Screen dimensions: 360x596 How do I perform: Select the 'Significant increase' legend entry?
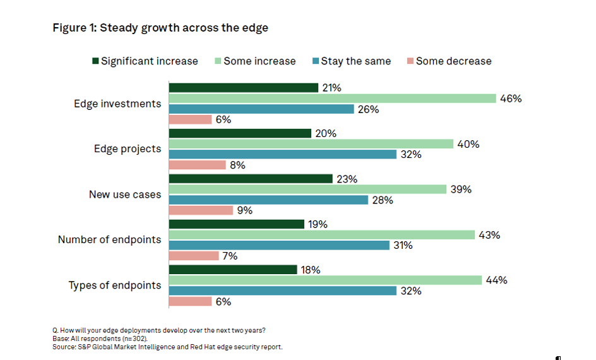click(x=145, y=61)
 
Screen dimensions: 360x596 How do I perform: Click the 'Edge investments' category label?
click(x=117, y=104)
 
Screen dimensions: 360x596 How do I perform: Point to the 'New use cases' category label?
click(x=125, y=195)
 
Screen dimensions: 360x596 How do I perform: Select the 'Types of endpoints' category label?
click(x=115, y=285)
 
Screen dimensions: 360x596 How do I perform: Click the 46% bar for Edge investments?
click(x=332, y=99)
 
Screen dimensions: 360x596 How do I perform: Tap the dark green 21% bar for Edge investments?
click(x=243, y=88)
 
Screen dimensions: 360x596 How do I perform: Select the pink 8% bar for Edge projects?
click(x=197, y=165)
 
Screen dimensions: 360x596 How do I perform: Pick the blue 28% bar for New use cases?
click(x=268, y=200)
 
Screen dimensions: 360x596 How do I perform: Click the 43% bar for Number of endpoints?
click(x=321, y=235)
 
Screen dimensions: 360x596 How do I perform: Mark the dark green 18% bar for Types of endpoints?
click(x=232, y=270)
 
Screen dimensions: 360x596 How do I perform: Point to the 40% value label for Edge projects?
click(x=469, y=144)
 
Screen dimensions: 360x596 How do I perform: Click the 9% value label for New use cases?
click(x=245, y=210)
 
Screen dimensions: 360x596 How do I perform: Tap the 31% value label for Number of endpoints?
click(x=403, y=245)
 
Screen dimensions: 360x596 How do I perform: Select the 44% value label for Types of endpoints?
click(x=498, y=280)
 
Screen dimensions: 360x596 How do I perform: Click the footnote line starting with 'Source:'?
click(x=167, y=347)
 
